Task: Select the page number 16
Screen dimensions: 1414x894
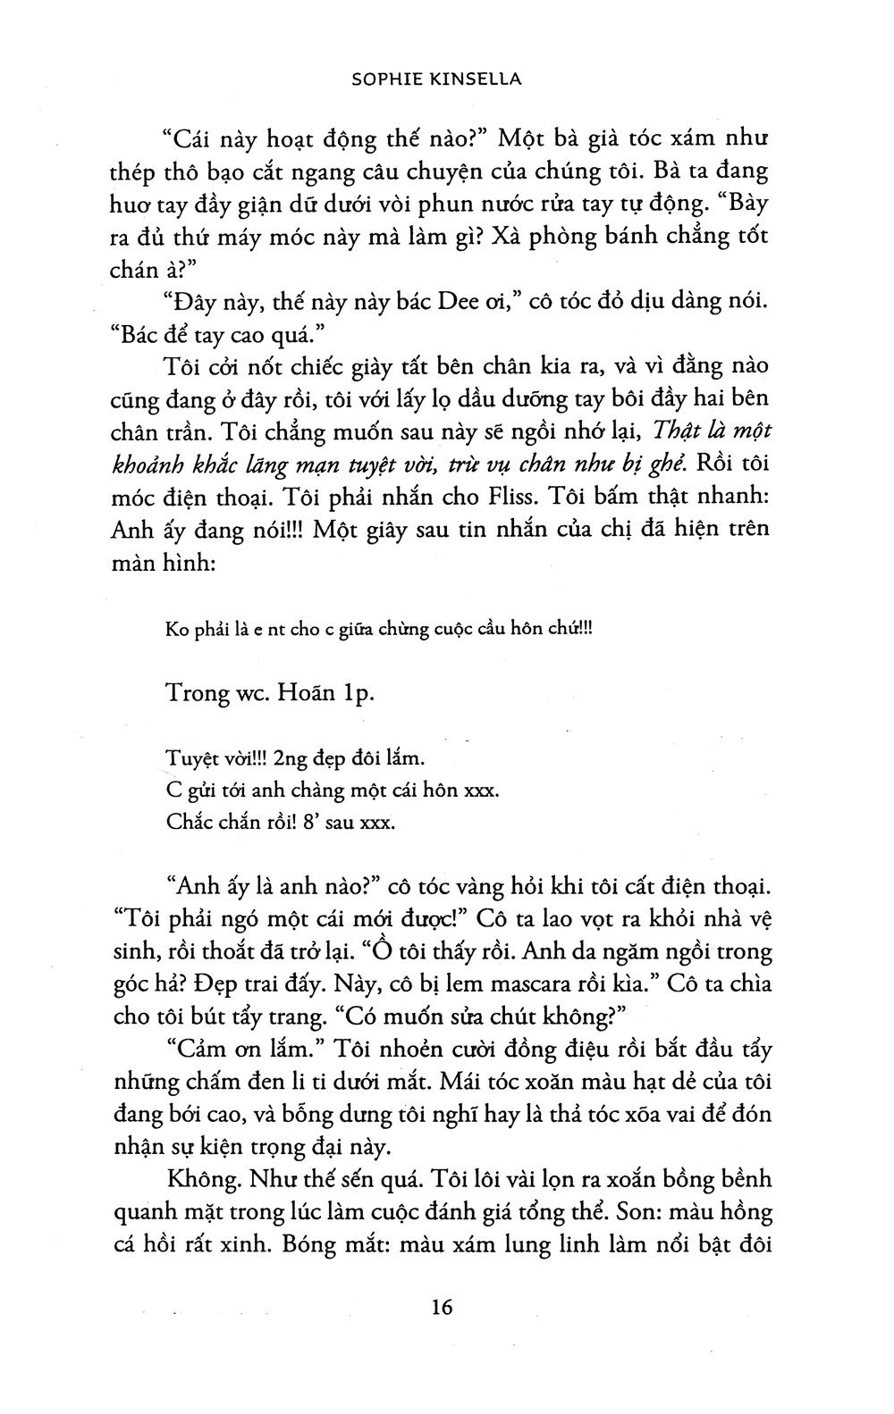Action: coord(442,1308)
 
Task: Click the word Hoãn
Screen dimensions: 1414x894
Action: coord(310,694)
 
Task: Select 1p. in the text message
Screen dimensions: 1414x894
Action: coord(359,694)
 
